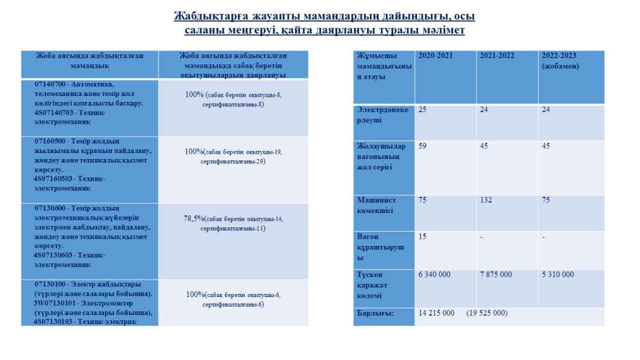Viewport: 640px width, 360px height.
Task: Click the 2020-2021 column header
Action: coord(435,55)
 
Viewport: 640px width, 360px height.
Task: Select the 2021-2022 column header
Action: coord(497,55)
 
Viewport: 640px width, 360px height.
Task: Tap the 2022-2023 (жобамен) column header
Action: coord(559,60)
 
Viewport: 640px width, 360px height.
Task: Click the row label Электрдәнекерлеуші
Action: coord(383,115)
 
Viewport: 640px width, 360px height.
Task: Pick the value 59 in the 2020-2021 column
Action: coord(423,146)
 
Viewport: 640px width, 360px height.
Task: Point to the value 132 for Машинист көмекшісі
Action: coord(486,200)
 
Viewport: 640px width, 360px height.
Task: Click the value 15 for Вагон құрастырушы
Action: coord(422,236)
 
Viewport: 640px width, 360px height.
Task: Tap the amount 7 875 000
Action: coord(496,274)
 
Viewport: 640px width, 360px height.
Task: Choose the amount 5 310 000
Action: coord(558,274)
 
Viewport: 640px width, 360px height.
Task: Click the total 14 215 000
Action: coord(436,313)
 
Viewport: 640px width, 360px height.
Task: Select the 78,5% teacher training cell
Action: coord(233,223)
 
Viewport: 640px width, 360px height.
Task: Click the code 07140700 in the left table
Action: coord(50,84)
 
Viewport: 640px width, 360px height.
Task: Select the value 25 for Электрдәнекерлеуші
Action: coord(423,110)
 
